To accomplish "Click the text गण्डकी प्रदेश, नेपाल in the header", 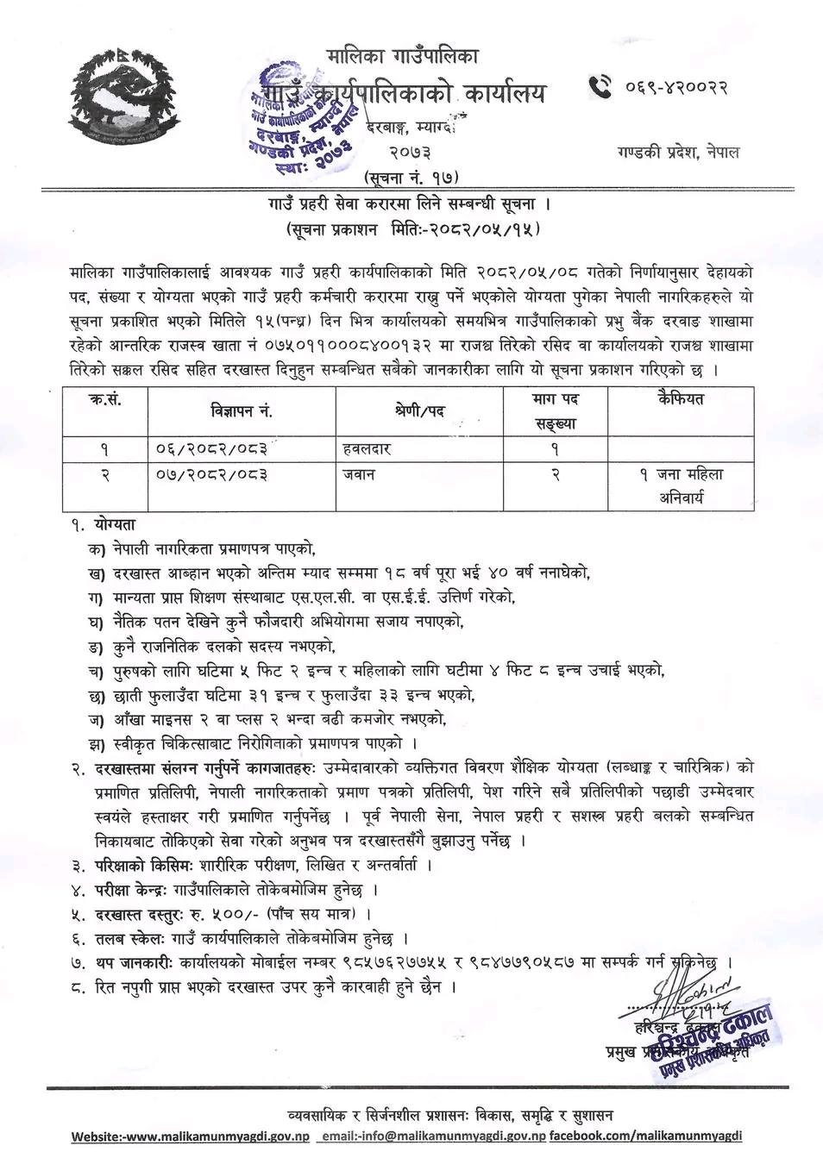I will [x=674, y=153].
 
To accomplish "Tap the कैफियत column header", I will [x=681, y=399].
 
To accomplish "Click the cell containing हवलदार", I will [x=373, y=449].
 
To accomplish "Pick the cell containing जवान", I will [x=359, y=474].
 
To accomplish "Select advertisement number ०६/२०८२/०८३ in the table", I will [x=212, y=449].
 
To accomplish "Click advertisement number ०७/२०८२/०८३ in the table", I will [x=212, y=474].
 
